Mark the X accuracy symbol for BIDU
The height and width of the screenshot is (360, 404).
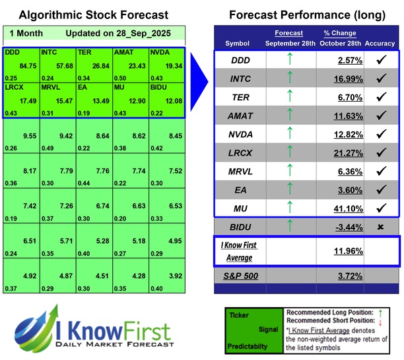pos(380,227)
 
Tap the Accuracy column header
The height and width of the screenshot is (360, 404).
pos(380,44)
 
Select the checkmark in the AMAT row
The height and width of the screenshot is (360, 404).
pos(380,116)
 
